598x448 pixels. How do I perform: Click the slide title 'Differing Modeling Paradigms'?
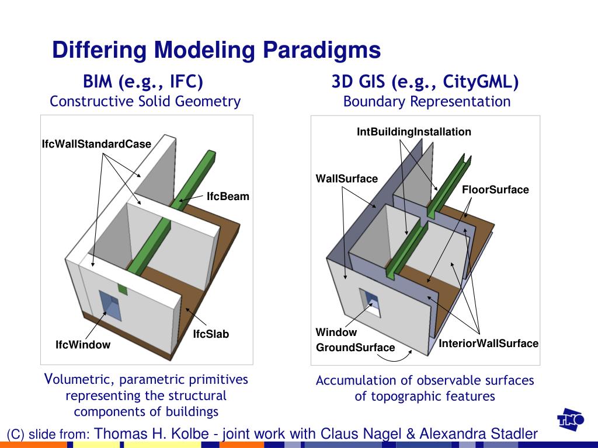216,50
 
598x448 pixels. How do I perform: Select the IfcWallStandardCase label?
96,144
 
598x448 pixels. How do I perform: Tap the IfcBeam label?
228,197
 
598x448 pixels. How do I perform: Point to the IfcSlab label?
211,334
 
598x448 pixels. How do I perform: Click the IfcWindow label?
83,345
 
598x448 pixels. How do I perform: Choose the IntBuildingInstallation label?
413,132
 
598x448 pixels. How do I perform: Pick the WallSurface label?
346,178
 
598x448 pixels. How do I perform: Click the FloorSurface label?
495,190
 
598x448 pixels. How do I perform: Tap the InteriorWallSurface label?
488,344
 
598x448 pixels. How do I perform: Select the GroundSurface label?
355,348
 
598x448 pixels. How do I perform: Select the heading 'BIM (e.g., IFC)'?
143,82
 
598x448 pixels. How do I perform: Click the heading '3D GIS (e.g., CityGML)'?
425,82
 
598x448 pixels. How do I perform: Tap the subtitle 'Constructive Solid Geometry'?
145,101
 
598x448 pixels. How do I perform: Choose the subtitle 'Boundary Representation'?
426,101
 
